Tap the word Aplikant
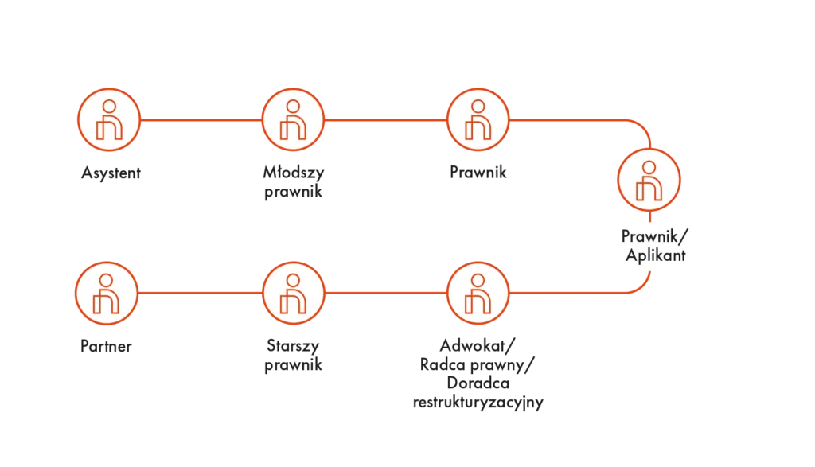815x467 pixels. [x=655, y=255]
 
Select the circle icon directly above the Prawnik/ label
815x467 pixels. [x=649, y=178]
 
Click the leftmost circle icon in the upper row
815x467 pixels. [x=109, y=120]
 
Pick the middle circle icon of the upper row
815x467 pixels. [x=294, y=120]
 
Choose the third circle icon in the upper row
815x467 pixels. [x=478, y=120]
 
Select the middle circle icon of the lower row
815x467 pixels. [x=294, y=294]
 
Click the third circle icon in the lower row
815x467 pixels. [x=478, y=294]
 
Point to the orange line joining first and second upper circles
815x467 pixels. [x=201, y=121]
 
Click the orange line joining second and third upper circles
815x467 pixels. [x=386, y=121]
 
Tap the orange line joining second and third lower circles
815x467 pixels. [x=386, y=294]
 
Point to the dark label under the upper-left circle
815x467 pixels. [x=111, y=173]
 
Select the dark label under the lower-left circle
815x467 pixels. [x=105, y=347]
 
